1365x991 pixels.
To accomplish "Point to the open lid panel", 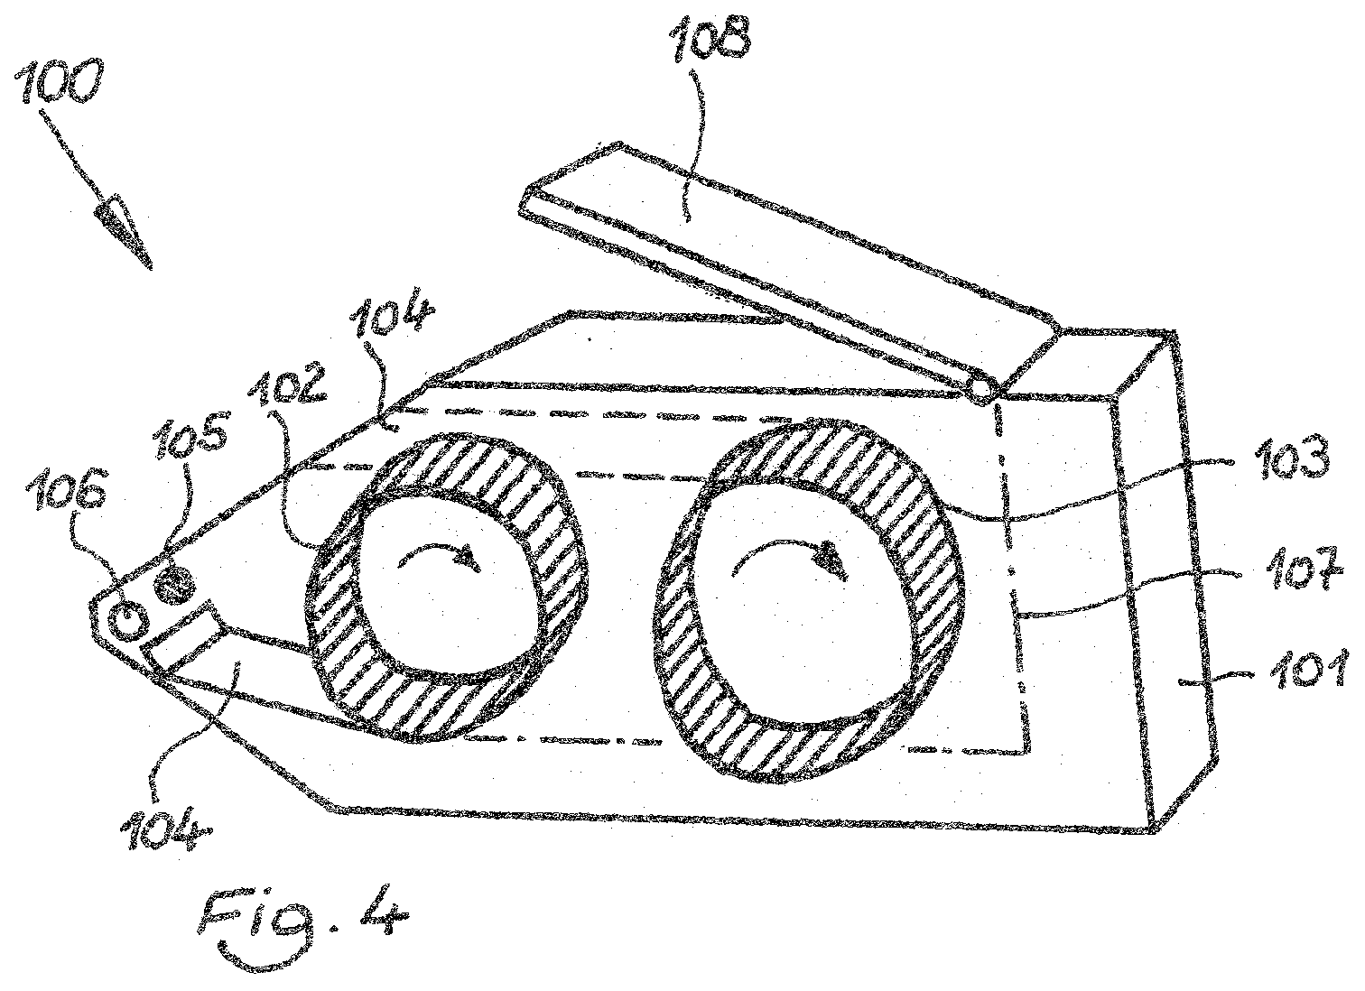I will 785,262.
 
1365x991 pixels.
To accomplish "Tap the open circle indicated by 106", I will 128,620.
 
